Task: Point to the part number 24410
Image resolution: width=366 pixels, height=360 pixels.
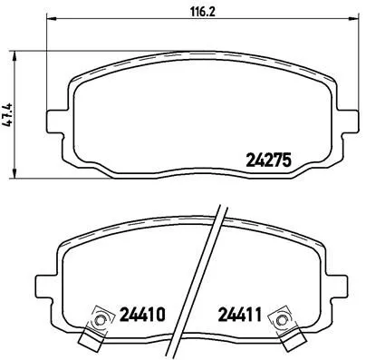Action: pyautogui.click(x=140, y=316)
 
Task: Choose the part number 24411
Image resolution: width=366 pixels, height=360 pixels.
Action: pyautogui.click(x=238, y=316)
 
